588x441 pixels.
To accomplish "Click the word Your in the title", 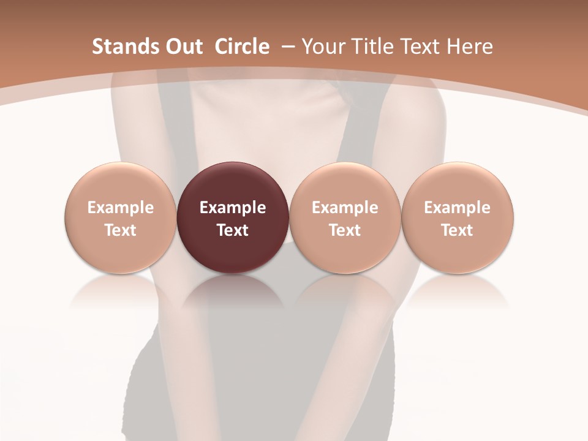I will (x=322, y=47).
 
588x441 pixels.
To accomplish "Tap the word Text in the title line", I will (x=414, y=47).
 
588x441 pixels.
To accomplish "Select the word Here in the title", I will (x=469, y=47).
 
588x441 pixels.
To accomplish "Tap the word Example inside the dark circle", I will (x=233, y=208).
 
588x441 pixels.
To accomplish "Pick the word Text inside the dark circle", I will (x=233, y=230).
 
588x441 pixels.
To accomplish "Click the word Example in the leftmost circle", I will (x=120, y=208).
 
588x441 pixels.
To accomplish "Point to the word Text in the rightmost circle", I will (x=457, y=230).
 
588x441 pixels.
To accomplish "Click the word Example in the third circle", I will (x=345, y=208).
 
